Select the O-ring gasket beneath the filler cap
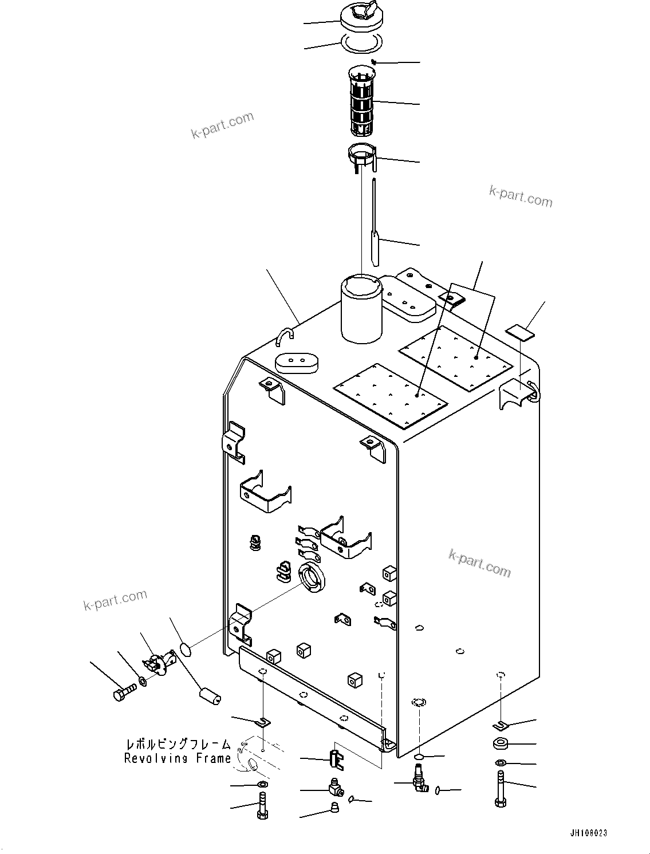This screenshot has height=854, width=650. coord(361,42)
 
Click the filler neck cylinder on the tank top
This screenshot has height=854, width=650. coord(361,309)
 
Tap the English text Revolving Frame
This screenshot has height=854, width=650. coord(177,758)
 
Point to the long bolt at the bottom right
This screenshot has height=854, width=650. coord(501,789)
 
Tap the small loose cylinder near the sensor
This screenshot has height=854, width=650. coord(209,694)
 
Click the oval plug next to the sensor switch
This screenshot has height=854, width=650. coord(186,649)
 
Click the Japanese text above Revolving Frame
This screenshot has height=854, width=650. coord(178,745)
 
